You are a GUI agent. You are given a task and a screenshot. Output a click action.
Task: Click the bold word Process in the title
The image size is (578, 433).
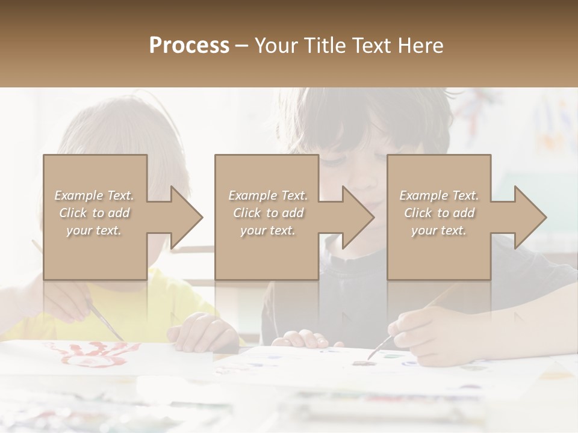(x=189, y=46)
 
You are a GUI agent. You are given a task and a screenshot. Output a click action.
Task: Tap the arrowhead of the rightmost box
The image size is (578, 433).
(x=529, y=217)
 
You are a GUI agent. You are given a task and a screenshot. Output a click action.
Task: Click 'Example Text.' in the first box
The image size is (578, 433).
(x=95, y=195)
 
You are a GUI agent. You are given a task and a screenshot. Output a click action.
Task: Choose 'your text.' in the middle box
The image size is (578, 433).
(x=267, y=230)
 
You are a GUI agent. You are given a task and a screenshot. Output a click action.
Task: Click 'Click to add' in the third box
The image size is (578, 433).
(x=439, y=213)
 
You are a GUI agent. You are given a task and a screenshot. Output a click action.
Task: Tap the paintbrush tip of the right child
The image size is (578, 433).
(x=369, y=356)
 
